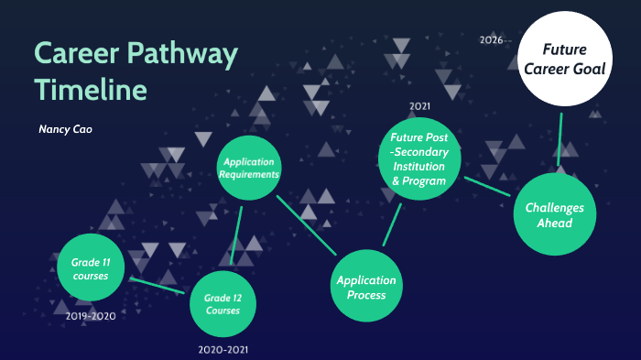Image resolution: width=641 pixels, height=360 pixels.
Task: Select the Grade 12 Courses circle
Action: click(x=223, y=304)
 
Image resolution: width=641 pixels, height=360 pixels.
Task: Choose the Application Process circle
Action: click(x=366, y=287)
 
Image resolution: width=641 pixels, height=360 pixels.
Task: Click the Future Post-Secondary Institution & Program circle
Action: click(x=418, y=159)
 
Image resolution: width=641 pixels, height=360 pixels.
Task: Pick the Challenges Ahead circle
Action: click(x=556, y=214)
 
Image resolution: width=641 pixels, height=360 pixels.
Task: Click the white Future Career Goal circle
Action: click(x=565, y=57)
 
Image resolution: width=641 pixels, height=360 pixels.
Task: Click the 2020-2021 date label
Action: click(x=223, y=349)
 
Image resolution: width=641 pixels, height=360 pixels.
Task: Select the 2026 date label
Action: click(x=491, y=40)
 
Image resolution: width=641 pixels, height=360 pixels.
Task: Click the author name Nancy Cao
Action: click(x=65, y=129)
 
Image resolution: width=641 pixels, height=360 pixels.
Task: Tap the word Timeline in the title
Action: click(x=91, y=91)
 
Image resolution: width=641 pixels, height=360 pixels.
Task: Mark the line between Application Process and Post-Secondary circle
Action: click(x=392, y=224)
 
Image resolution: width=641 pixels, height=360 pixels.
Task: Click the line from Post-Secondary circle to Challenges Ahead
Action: click(x=487, y=185)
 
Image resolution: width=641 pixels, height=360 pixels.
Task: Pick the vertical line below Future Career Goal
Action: click(x=559, y=137)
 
